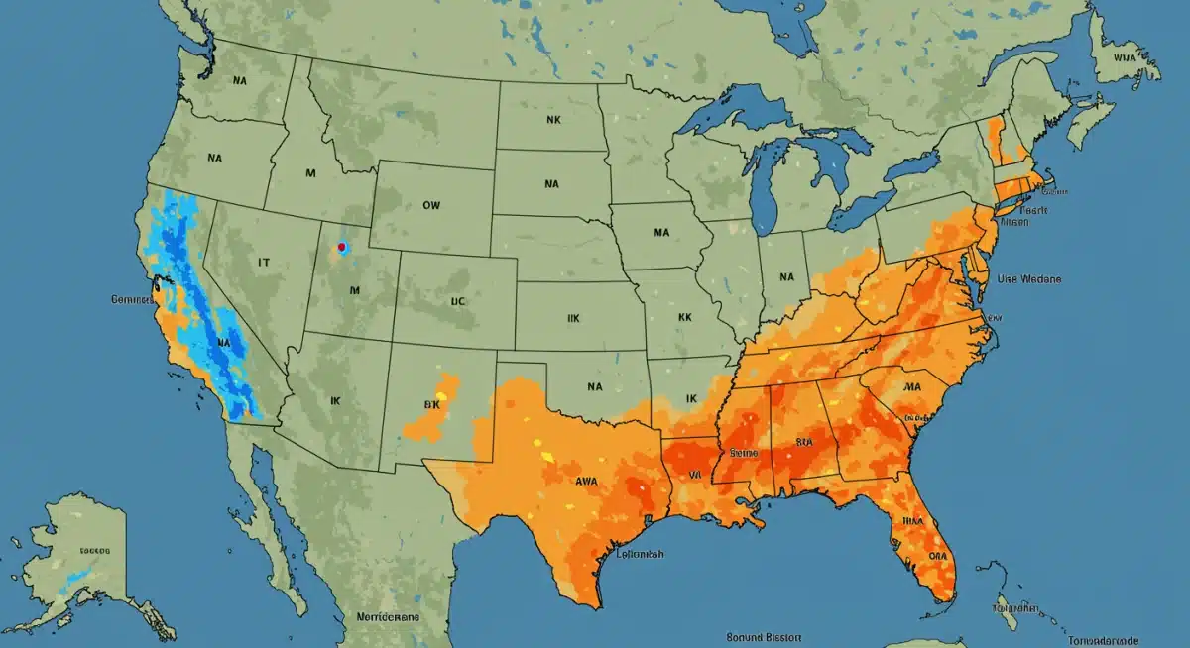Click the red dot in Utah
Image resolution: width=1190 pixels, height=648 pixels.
pyautogui.click(x=341, y=247)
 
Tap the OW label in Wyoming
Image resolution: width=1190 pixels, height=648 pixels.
pyautogui.click(x=431, y=206)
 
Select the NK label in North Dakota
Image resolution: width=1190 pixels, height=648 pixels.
pyautogui.click(x=553, y=118)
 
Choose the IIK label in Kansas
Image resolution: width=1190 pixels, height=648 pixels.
pyautogui.click(x=574, y=319)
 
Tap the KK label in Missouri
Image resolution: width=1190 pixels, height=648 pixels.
pyautogui.click(x=684, y=319)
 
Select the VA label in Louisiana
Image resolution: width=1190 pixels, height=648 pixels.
pyautogui.click(x=695, y=475)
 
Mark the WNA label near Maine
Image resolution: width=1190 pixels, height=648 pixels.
pyautogui.click(x=1125, y=57)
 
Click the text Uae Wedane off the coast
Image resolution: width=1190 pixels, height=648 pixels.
pyautogui.click(x=1028, y=280)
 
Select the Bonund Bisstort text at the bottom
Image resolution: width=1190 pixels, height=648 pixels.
pyautogui.click(x=765, y=638)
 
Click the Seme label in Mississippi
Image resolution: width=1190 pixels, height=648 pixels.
pyautogui.click(x=744, y=452)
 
